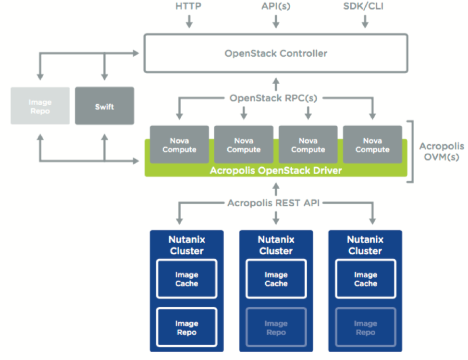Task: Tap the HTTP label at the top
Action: pos(188,6)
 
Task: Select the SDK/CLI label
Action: pos(363,6)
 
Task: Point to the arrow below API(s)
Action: pos(276,21)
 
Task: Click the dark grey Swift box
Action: pos(104,106)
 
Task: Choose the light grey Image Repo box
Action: pos(40,106)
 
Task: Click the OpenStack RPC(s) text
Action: pos(273,98)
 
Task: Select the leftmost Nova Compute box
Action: pos(179,145)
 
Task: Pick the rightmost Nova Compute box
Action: pos(372,145)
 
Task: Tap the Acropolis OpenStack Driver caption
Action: pos(276,171)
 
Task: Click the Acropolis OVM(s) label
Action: pos(442,151)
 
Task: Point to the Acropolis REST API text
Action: pos(273,203)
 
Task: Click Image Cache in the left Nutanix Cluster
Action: pos(187,279)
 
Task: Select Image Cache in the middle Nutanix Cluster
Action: pos(276,279)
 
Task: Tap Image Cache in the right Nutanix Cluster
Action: pos(366,279)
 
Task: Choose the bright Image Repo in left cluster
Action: pos(187,327)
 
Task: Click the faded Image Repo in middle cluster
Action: pos(276,327)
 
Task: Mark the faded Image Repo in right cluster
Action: pos(366,327)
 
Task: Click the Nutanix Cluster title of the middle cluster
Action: pos(276,245)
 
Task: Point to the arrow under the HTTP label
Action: pos(189,21)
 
